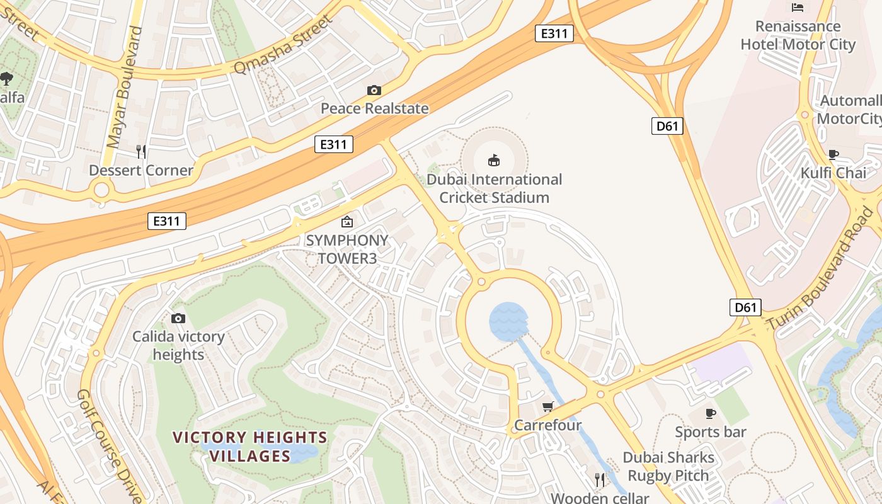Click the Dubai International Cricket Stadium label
494,188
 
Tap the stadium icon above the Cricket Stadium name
494,161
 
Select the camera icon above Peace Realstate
374,90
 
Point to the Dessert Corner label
141,170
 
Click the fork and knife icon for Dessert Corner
141,151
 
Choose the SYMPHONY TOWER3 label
346,249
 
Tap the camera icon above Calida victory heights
178,319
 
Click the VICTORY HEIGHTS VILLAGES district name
250,446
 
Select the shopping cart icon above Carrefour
547,407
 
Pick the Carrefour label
547,425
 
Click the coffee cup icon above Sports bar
711,413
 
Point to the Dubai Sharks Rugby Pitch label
668,466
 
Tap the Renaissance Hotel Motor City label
798,35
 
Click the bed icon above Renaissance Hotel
798,8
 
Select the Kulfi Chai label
833,173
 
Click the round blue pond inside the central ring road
508,321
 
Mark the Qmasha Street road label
282,45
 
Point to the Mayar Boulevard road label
125,87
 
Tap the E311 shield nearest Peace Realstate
333,145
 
